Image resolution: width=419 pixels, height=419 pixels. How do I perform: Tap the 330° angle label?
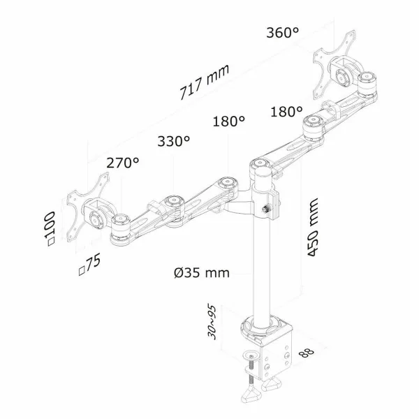click(x=174, y=142)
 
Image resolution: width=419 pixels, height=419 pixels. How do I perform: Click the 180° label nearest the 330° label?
click(x=228, y=121)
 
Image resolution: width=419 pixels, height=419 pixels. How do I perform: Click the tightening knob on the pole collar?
click(x=266, y=209)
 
